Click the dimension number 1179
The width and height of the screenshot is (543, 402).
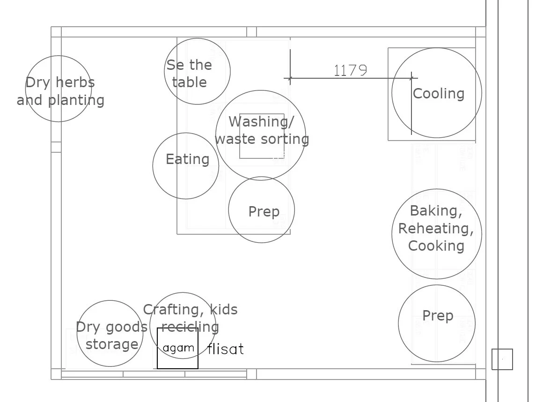click(x=350, y=70)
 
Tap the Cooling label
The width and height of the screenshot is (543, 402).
click(x=438, y=94)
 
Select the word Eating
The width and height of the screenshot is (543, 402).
click(x=187, y=159)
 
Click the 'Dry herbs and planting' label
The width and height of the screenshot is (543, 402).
click(x=60, y=91)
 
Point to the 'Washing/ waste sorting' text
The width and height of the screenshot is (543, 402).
click(x=262, y=130)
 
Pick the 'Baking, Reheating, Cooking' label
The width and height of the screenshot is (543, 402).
click(x=436, y=228)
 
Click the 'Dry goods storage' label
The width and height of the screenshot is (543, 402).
click(x=111, y=335)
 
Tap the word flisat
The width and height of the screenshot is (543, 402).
click(x=226, y=349)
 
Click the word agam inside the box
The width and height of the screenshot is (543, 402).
click(x=178, y=348)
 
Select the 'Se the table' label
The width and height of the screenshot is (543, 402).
click(x=189, y=74)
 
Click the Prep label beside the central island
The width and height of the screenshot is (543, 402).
click(x=264, y=212)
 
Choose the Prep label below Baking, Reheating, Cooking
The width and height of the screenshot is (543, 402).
click(x=438, y=316)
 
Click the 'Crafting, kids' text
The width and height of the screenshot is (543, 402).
click(x=190, y=310)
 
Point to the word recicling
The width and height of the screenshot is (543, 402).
click(x=190, y=327)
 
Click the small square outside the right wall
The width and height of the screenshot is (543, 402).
click(x=502, y=359)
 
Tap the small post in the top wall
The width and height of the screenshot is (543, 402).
click(x=251, y=32)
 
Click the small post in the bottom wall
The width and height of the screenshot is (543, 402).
click(x=251, y=374)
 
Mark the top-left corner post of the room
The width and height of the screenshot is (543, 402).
click(x=56, y=32)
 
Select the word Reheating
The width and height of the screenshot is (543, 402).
click(x=436, y=229)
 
